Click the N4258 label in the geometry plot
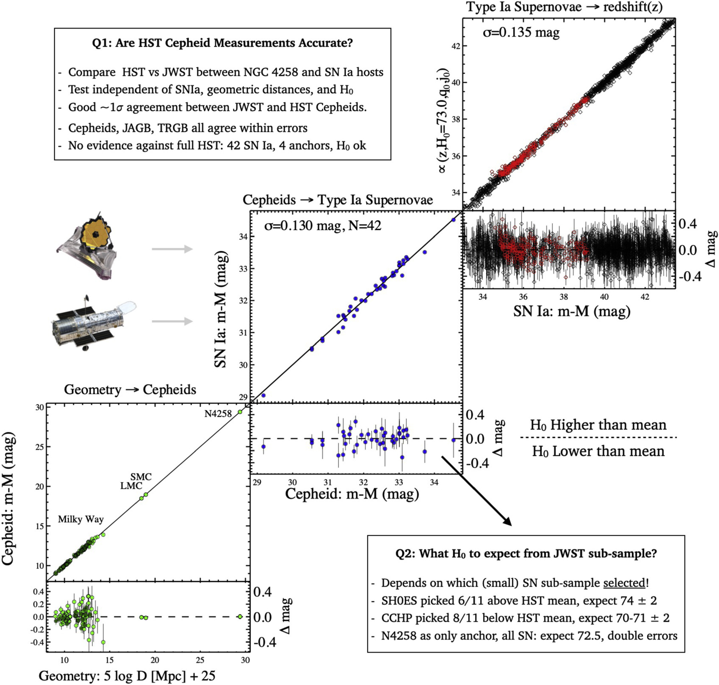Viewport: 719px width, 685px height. point(218,414)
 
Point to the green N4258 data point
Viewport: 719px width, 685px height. point(240,412)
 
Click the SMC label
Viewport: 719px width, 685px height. point(141,477)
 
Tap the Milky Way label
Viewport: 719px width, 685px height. point(81,519)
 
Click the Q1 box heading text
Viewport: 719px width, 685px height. point(222,43)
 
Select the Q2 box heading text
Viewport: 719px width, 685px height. point(526,553)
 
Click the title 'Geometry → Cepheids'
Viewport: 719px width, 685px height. point(130,390)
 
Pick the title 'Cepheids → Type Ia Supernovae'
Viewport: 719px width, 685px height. point(338,200)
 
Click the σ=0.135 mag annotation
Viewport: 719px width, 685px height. point(521,32)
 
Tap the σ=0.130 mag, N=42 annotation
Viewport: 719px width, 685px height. point(322,226)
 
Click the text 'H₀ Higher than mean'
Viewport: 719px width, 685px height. point(598,425)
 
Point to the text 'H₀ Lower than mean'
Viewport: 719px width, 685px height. point(598,451)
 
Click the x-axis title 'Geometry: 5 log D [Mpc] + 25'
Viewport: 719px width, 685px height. point(127,676)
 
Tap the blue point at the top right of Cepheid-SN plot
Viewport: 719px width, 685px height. point(453,220)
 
